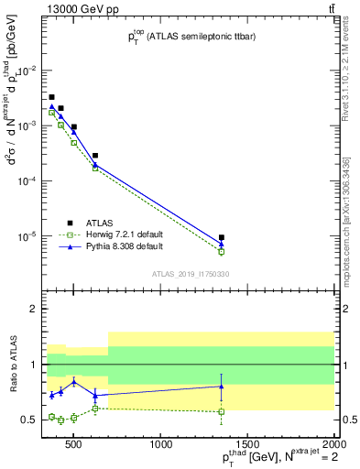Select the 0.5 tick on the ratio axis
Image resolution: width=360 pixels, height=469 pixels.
[29, 420]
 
